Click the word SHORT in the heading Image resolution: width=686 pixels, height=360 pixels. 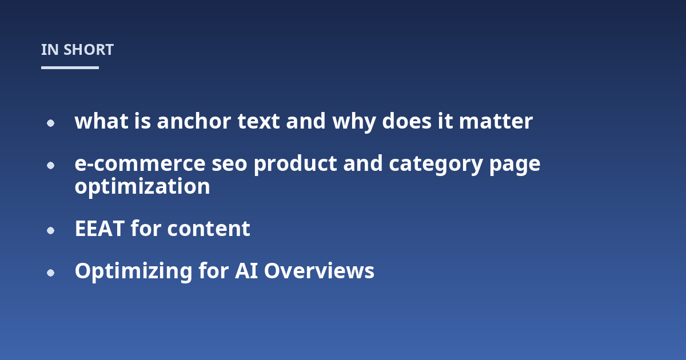(x=89, y=50)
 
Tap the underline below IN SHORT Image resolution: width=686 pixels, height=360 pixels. (x=70, y=67)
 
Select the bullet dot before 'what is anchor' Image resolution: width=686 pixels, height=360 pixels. (x=50, y=123)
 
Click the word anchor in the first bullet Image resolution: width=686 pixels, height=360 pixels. (x=194, y=121)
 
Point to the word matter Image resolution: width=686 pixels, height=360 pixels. (x=496, y=121)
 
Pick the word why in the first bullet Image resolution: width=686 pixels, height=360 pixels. (x=354, y=122)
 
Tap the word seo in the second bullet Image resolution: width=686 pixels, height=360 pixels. (x=229, y=163)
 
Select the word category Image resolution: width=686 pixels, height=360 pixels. (x=436, y=165)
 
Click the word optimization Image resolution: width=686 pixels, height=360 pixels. (x=142, y=186)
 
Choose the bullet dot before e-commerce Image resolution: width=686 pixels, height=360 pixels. (x=50, y=165)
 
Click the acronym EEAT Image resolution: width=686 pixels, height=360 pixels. (x=99, y=229)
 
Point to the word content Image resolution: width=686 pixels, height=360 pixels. (x=209, y=229)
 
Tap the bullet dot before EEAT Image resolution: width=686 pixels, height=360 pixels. (x=50, y=230)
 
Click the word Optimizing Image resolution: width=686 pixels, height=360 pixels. (x=134, y=271)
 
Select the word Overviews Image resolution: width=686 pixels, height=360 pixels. (x=319, y=271)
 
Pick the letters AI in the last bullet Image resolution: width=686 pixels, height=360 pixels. (x=246, y=271)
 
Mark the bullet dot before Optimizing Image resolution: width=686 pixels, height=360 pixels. (x=50, y=273)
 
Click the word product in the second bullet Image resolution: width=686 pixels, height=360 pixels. (x=296, y=164)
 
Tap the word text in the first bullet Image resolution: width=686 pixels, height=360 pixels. (x=258, y=121)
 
